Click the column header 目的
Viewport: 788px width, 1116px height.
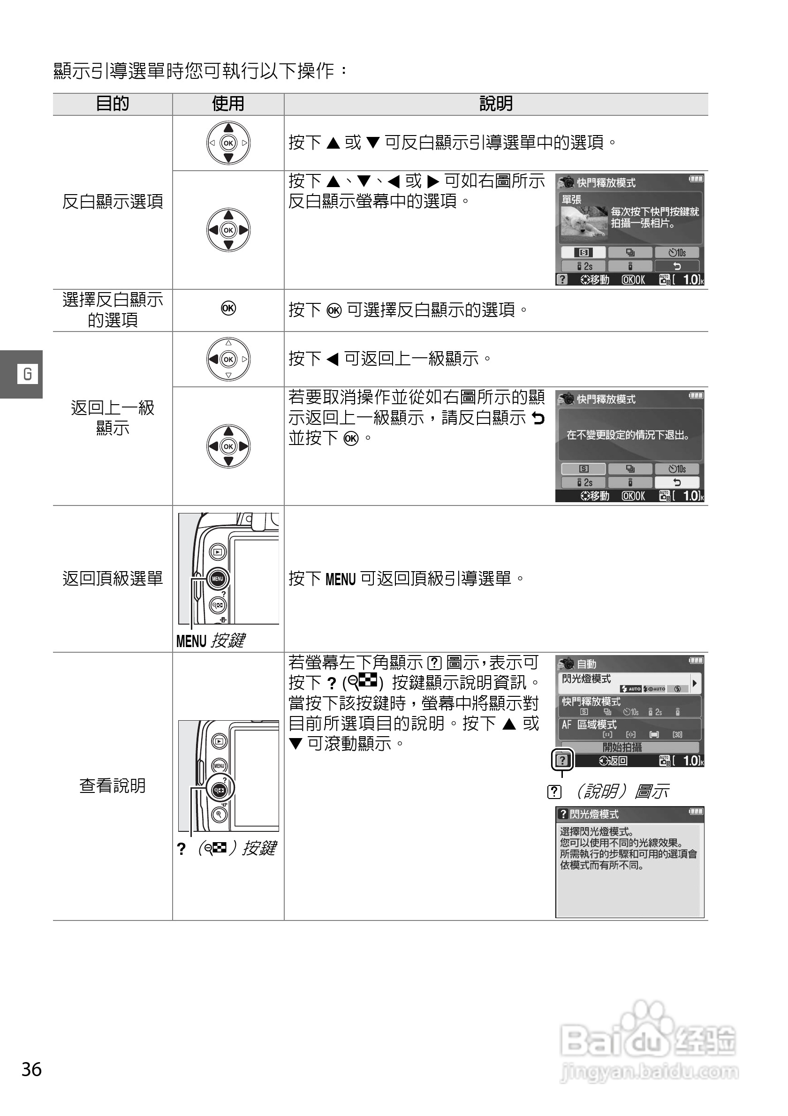point(112,104)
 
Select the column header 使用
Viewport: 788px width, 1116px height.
point(228,104)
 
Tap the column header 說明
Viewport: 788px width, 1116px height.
point(496,104)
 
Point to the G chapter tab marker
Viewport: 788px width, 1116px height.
point(27,374)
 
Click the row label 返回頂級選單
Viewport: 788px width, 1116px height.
point(112,579)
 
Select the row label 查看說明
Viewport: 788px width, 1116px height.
point(112,785)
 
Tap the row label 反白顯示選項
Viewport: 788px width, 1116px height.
point(112,201)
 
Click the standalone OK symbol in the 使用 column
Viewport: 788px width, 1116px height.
point(228,309)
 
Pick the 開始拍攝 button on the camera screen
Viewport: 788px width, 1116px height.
point(622,747)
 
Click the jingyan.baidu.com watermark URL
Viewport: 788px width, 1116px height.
point(650,1072)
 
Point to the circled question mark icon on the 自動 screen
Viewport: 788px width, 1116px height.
point(562,760)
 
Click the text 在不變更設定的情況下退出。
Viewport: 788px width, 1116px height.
point(628,435)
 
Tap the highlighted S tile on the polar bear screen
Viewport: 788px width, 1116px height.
point(583,253)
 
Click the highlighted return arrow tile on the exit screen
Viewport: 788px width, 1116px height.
point(677,482)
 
